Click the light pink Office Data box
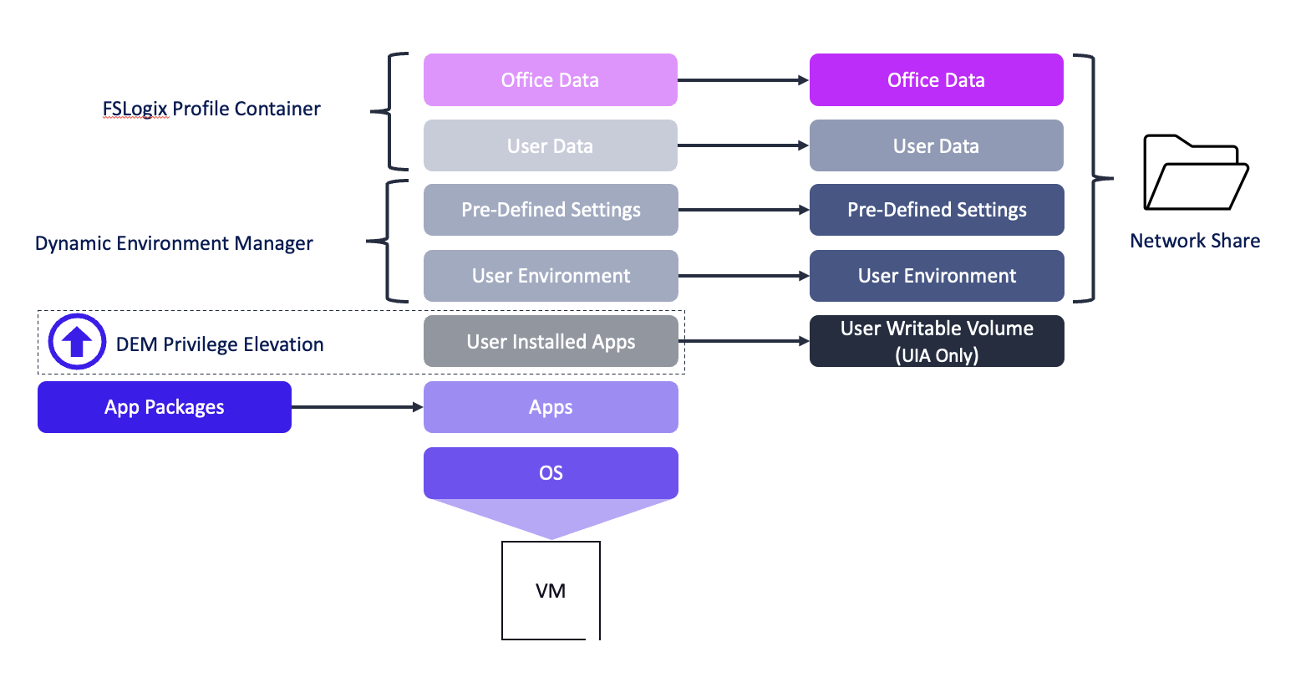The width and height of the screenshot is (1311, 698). (550, 80)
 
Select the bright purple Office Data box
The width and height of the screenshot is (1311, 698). (936, 80)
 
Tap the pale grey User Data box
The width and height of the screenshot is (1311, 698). (550, 145)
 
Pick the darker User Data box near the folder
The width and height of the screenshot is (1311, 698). (936, 145)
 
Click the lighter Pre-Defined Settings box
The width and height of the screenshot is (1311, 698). (550, 210)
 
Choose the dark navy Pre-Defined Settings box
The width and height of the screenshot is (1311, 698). (936, 210)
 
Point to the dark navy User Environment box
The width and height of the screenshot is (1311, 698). (936, 276)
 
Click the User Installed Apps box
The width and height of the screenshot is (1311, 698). (550, 341)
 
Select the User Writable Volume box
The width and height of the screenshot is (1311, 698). (936, 341)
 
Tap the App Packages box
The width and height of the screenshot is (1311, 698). (165, 407)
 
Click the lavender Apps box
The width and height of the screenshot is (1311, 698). (550, 407)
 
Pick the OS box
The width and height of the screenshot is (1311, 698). (550, 473)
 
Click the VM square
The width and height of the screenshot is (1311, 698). (551, 590)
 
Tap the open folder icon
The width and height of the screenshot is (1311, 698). (1195, 174)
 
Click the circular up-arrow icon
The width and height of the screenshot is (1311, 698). (77, 342)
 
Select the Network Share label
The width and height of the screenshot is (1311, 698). (1195, 241)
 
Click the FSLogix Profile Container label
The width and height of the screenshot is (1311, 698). (211, 109)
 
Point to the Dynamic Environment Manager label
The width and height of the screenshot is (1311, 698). (174, 243)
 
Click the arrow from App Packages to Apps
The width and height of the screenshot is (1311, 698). (357, 407)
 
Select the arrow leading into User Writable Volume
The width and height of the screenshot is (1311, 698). (744, 341)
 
